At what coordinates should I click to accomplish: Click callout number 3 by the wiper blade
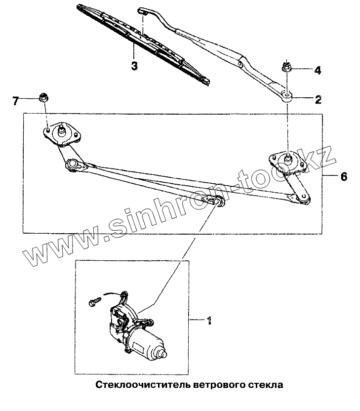coord(134,66)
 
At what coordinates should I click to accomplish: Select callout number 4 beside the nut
coord(318,70)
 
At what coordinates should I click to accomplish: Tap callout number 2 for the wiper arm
coord(318,99)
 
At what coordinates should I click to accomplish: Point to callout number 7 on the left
coord(16,101)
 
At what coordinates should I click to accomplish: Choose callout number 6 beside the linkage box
coord(343,176)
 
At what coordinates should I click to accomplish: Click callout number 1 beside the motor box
coord(209,321)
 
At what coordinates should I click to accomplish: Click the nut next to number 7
coord(43,97)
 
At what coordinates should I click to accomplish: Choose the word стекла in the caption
coord(266,384)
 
